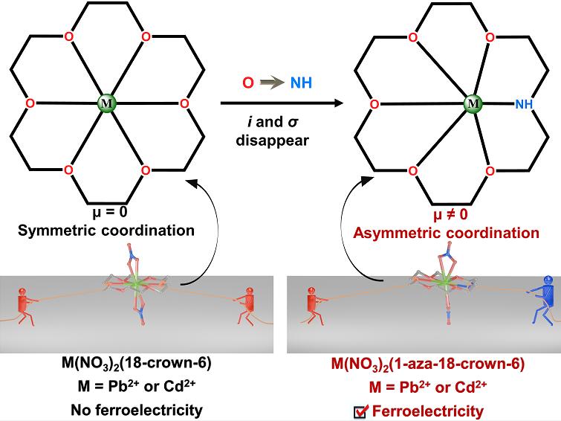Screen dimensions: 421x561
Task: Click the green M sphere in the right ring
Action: pos(470,103)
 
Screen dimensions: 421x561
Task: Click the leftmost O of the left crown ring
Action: pos(29,103)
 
